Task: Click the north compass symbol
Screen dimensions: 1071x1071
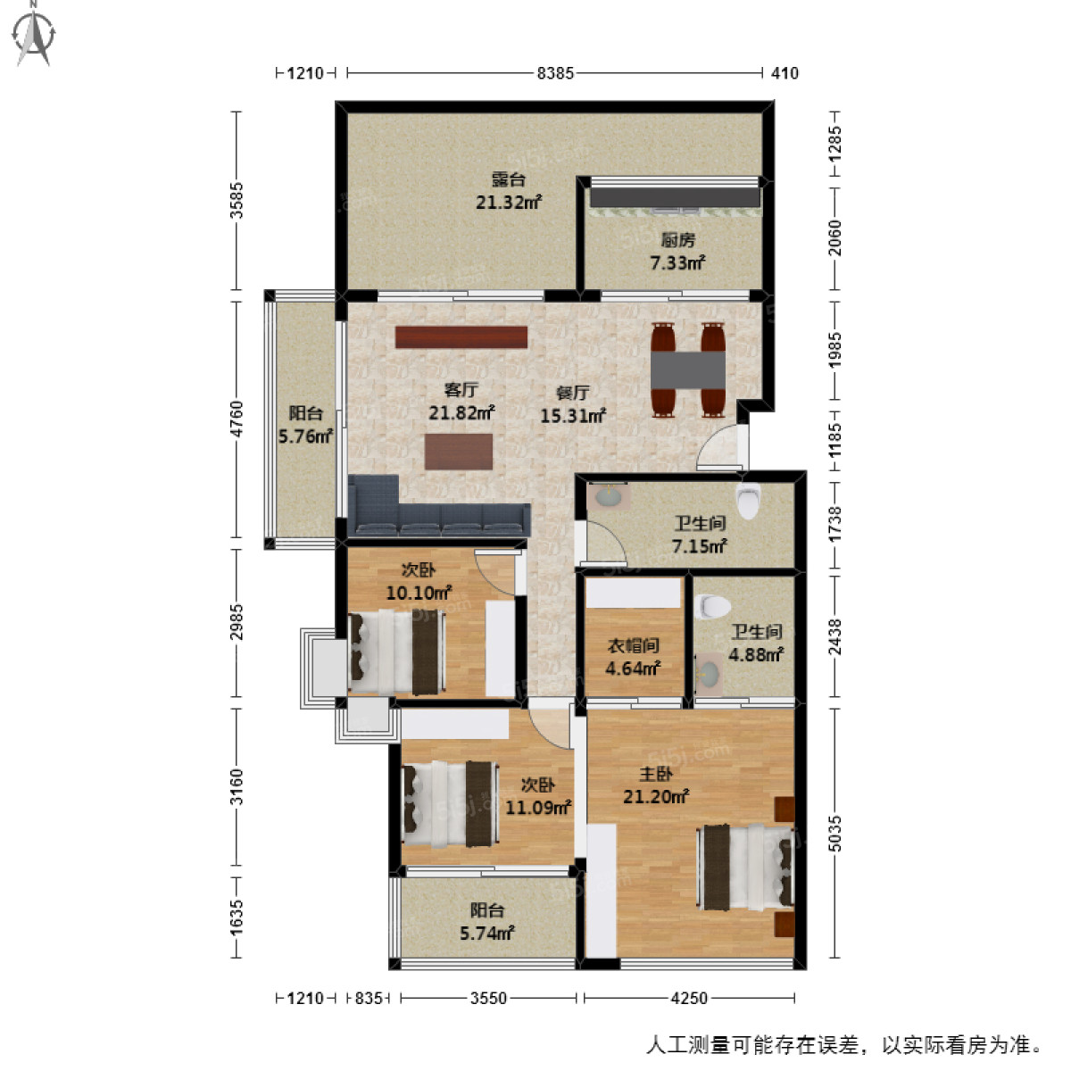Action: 37,33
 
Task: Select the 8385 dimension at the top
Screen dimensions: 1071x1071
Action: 555,73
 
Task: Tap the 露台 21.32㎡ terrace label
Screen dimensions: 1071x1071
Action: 508,191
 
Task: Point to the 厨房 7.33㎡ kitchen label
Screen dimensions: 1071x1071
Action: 677,252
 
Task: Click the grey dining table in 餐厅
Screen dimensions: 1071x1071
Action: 687,369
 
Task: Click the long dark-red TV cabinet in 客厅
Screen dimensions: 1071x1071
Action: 461,336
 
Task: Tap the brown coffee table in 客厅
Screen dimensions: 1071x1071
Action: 458,452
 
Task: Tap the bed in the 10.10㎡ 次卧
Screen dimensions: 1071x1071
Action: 396,652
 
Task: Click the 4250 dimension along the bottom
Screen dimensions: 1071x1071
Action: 688,998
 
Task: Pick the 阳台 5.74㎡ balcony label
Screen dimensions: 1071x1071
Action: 487,922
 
